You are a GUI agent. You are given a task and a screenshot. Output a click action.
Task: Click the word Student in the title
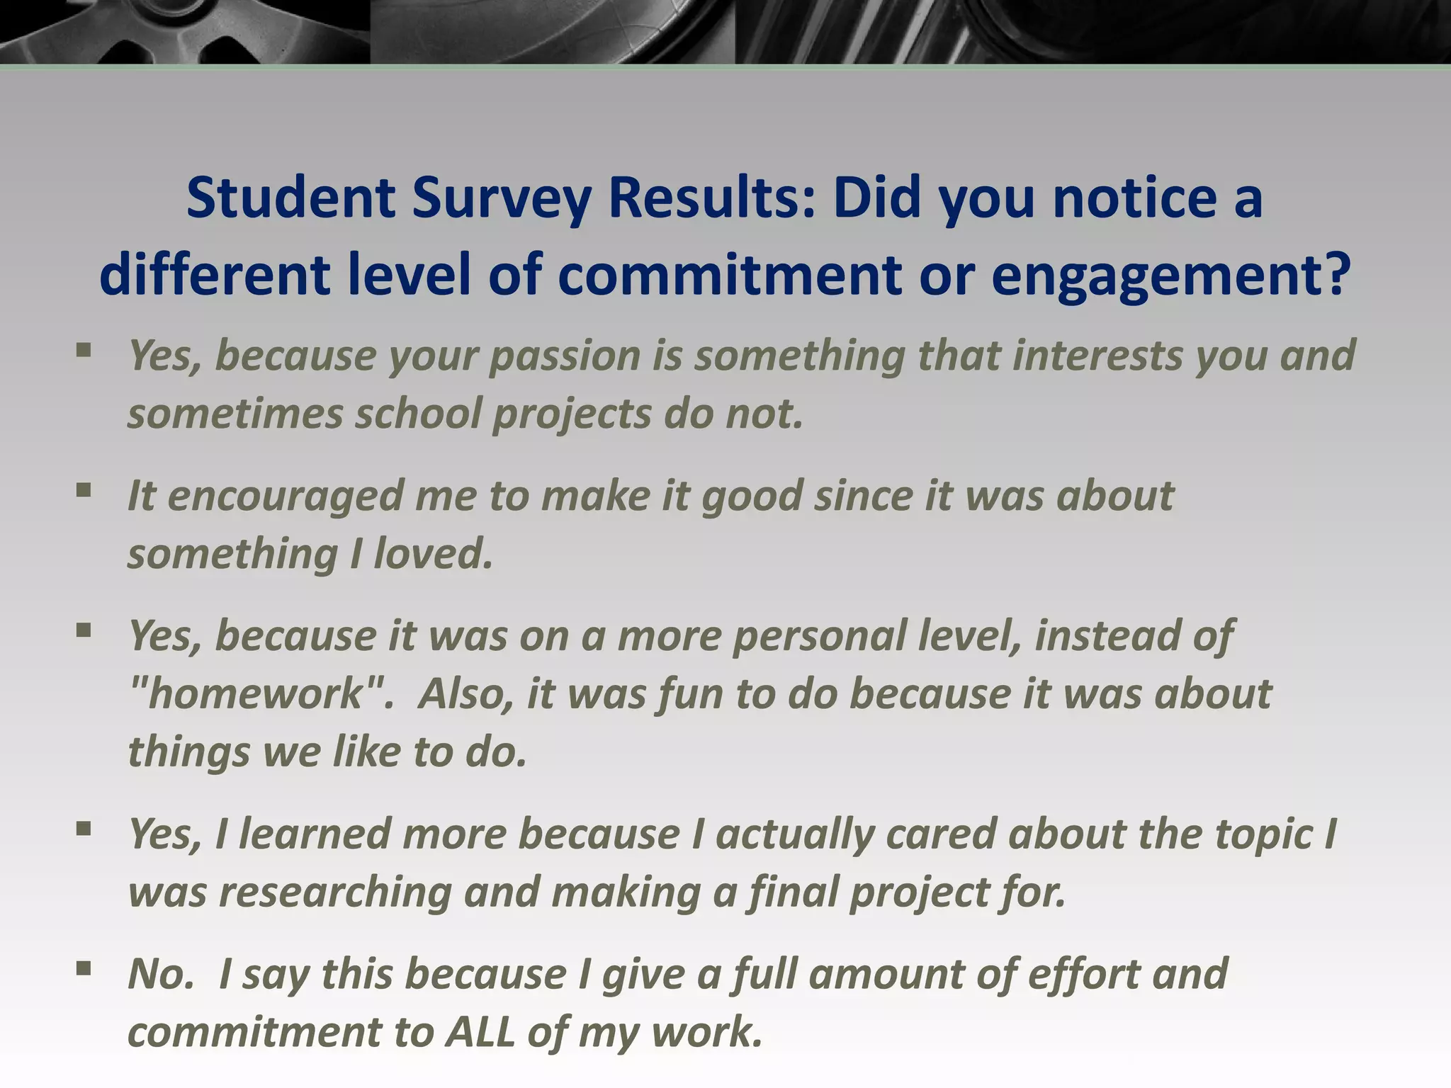point(290,198)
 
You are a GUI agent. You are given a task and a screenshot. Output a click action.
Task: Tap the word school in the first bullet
point(418,414)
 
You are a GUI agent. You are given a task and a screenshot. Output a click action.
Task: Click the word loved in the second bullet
point(432,553)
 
